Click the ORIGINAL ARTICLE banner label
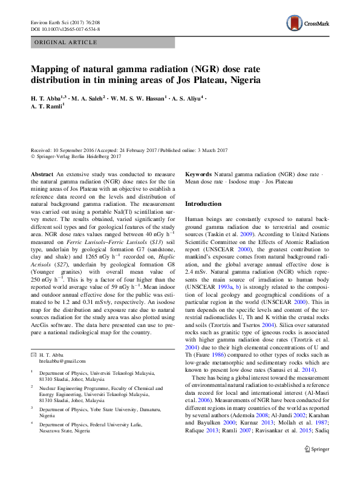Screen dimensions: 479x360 point(67,42)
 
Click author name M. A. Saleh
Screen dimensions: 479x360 point(88,97)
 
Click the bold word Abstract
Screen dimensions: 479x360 point(42,174)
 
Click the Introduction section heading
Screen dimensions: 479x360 point(203,204)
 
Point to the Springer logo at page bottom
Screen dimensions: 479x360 point(316,466)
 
